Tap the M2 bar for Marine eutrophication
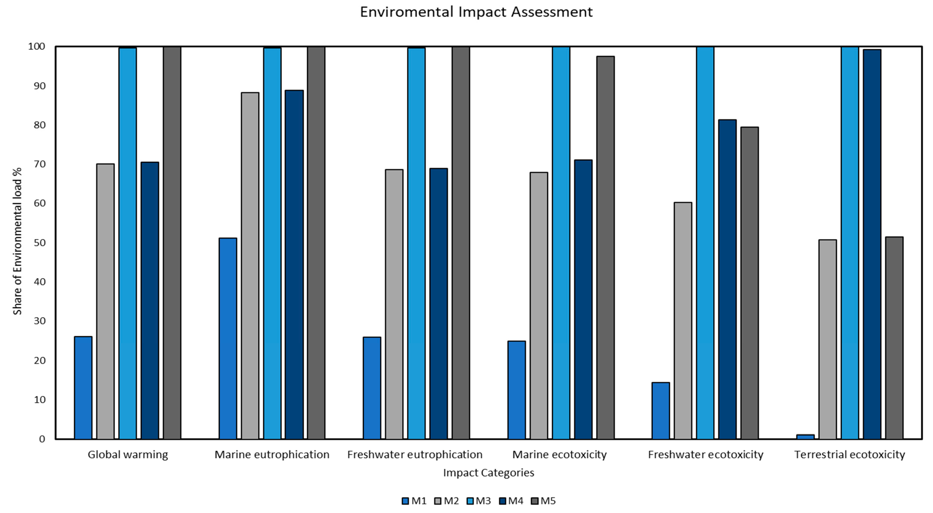(250, 266)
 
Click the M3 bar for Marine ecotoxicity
(561, 243)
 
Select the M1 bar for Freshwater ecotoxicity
(661, 411)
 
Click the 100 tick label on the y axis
(37, 46)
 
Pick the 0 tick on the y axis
(42, 439)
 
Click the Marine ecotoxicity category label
(559, 454)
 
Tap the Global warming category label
(128, 454)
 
